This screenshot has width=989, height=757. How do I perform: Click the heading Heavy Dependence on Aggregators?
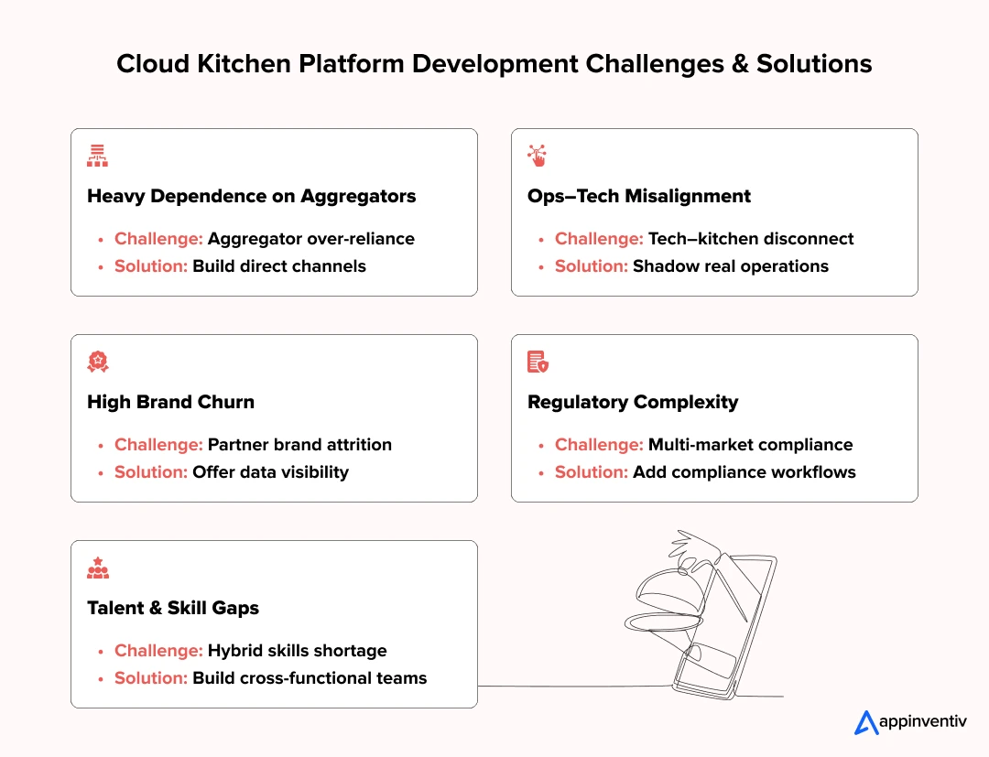click(x=251, y=196)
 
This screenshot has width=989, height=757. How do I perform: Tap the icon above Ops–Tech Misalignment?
click(x=537, y=156)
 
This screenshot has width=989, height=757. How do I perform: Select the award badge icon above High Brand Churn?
click(x=97, y=362)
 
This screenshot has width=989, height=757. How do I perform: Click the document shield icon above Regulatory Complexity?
click(x=538, y=362)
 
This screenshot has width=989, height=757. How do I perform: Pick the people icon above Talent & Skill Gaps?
click(x=97, y=568)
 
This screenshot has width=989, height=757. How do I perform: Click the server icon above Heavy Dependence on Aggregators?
click(x=97, y=156)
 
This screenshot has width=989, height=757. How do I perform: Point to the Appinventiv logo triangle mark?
click(x=865, y=723)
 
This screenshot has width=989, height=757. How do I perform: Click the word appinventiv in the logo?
click(x=922, y=722)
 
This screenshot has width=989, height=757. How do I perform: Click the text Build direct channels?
click(x=278, y=266)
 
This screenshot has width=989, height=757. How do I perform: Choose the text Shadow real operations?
click(x=730, y=266)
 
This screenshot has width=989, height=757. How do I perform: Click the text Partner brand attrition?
click(x=299, y=445)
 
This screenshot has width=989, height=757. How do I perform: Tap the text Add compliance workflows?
click(x=744, y=472)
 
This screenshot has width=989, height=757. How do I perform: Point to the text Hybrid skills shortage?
click(x=297, y=651)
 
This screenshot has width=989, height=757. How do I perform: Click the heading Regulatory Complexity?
click(x=632, y=402)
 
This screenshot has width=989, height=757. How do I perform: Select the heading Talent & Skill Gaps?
click(x=172, y=608)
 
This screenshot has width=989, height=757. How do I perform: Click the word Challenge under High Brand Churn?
click(x=158, y=445)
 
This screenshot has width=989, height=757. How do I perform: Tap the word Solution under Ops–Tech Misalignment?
click(x=591, y=266)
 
